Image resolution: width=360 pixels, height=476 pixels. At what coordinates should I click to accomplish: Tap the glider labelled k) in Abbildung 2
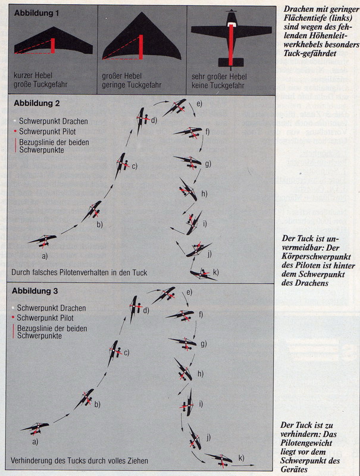click(202, 274)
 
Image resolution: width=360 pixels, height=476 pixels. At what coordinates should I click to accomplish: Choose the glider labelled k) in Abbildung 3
click(219, 459)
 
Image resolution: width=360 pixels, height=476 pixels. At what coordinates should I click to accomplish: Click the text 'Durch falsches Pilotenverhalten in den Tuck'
click(79, 273)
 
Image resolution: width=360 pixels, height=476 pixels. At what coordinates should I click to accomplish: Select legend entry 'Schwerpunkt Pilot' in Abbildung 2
click(49, 131)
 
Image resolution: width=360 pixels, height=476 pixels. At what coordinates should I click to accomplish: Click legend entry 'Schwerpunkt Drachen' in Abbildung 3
click(52, 308)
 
